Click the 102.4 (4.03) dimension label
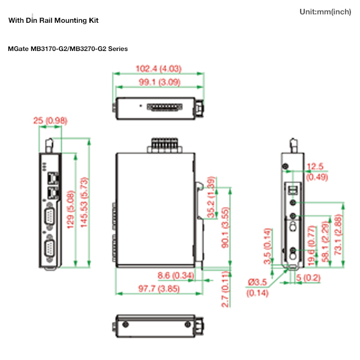158,68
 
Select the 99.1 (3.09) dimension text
158,82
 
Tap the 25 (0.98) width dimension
50,121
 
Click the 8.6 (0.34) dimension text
176,275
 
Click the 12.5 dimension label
316,167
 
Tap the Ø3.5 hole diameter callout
258,283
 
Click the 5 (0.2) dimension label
308,277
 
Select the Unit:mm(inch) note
325,12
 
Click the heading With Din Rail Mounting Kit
53,20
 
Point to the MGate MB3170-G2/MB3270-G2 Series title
68,49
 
